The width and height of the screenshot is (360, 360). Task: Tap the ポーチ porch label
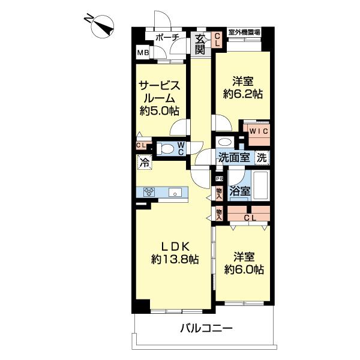click(x=167, y=38)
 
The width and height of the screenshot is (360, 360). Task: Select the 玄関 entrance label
click(x=200, y=43)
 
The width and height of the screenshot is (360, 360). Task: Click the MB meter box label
click(x=143, y=53)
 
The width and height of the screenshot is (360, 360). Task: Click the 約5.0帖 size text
click(x=159, y=110)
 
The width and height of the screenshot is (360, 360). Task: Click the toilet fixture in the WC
click(x=167, y=149)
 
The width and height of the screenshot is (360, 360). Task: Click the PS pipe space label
click(x=218, y=178)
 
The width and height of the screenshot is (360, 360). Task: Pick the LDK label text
click(x=175, y=246)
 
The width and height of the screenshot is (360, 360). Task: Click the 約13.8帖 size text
click(x=175, y=259)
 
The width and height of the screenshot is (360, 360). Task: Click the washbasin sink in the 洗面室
click(x=224, y=143)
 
